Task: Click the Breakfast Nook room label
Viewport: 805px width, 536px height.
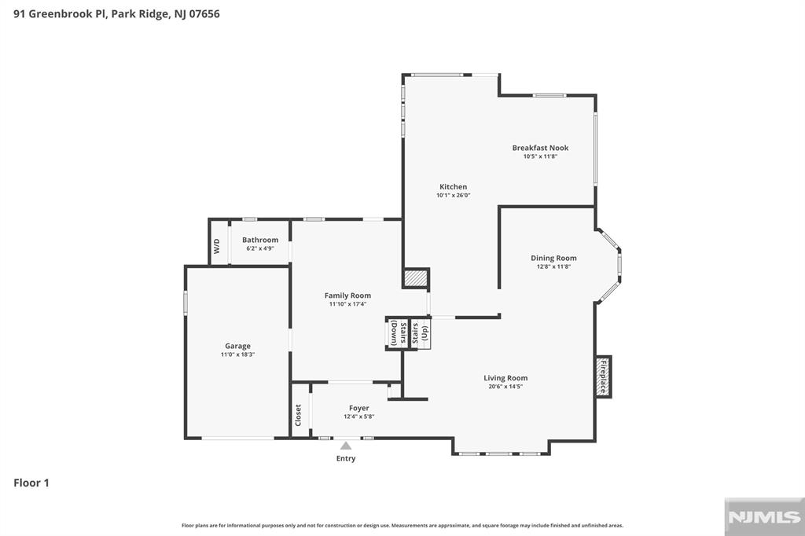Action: pos(540,148)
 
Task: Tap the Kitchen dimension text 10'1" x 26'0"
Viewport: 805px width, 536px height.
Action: pos(454,195)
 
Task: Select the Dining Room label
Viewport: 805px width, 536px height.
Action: pos(553,259)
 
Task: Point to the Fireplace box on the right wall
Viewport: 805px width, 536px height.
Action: pos(603,376)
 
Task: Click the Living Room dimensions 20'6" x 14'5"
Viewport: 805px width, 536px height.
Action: pos(505,387)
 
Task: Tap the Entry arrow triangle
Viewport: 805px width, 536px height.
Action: pos(346,446)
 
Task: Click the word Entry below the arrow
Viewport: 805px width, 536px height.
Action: pos(346,458)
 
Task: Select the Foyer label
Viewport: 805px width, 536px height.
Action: pos(358,408)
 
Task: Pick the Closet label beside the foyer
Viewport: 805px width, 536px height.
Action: pos(298,415)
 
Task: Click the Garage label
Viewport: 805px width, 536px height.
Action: pos(237,346)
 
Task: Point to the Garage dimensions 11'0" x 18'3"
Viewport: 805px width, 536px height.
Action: pos(237,354)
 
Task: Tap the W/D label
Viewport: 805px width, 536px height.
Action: pos(217,246)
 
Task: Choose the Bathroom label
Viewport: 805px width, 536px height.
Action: pos(260,240)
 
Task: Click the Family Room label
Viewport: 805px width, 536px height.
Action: pos(347,296)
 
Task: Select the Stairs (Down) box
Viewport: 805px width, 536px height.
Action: pos(397,333)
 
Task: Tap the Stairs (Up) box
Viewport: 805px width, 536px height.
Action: pos(421,333)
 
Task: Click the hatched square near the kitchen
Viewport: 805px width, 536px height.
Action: pos(416,277)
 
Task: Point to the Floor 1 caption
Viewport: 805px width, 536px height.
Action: pos(31,483)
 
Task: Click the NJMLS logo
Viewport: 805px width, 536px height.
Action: pos(764,517)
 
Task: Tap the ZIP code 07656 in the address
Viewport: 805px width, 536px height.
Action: pos(204,14)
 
